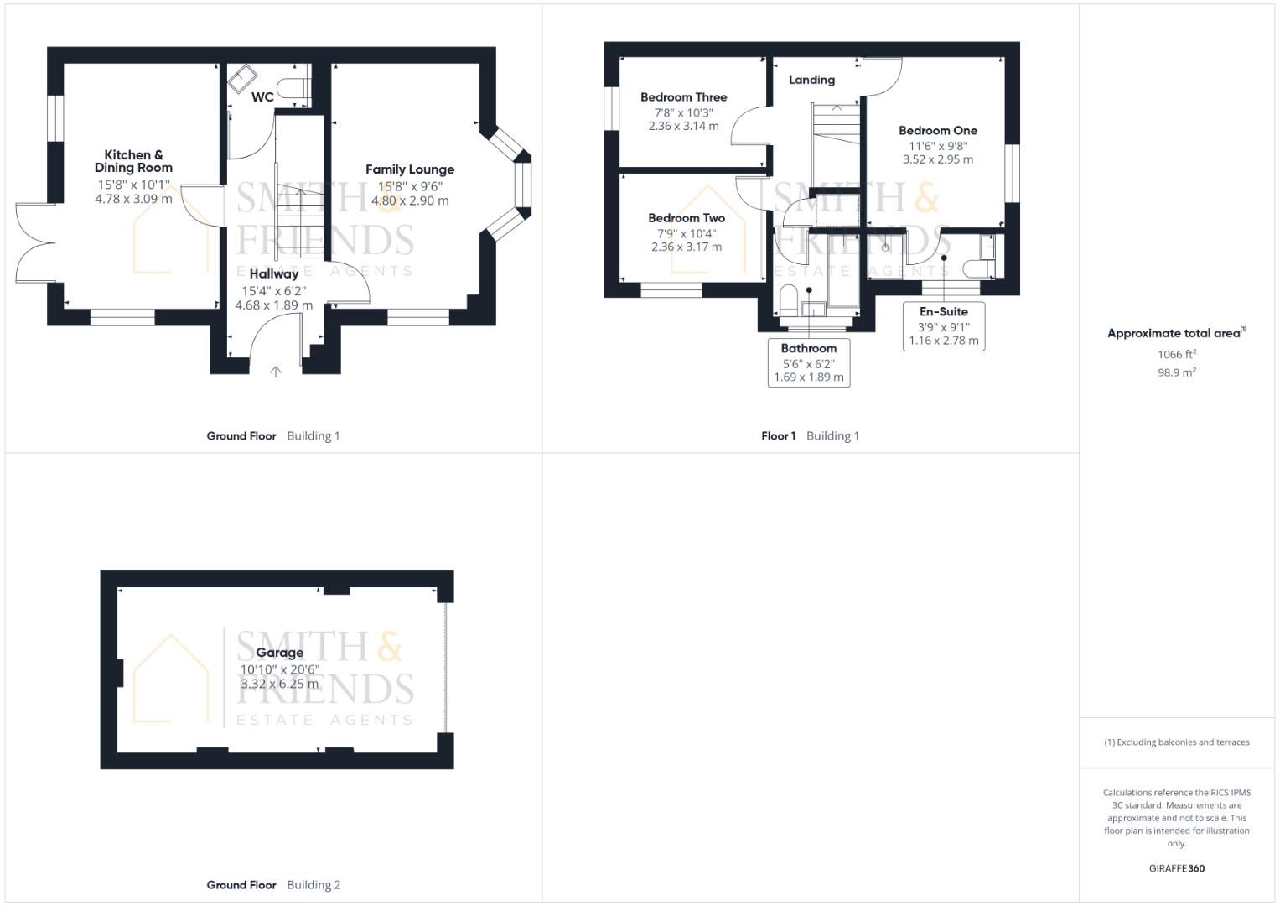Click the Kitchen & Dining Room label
tap(133, 161)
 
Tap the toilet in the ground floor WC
tap(294, 90)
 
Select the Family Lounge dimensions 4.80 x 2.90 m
tap(410, 201)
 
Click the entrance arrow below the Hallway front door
tap(275, 372)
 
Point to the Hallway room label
tap(273, 273)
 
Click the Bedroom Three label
tap(683, 97)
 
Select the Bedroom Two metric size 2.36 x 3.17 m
tap(686, 247)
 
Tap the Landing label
tap(811, 80)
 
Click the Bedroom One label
tap(937, 131)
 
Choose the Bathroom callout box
tap(809, 362)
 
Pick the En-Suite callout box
tap(943, 325)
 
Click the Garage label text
tap(280, 653)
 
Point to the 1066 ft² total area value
tap(1176, 354)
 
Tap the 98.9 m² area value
tap(1176, 372)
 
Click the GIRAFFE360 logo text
tap(1176, 868)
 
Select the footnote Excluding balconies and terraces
tap(1176, 742)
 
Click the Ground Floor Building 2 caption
tap(273, 884)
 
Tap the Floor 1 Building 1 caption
tap(810, 435)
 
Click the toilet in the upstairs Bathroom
tap(788, 300)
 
